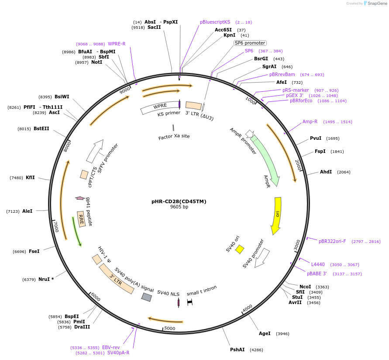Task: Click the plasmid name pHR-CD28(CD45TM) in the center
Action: tap(179, 201)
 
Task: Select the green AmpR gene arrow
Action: tap(265, 159)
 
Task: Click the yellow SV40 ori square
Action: tap(240, 249)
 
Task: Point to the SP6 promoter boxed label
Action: tap(250, 43)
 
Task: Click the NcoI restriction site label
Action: tap(305, 287)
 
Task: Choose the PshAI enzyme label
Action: tap(238, 350)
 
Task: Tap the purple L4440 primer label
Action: tap(318, 264)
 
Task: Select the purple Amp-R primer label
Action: tap(310, 121)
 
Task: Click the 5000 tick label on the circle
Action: tap(169, 328)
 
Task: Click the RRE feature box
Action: tap(81, 218)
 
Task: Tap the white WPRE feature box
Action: tap(160, 108)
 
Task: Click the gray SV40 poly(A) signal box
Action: tap(147, 297)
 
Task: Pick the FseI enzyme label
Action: tap(34, 251)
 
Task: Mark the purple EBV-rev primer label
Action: tap(111, 347)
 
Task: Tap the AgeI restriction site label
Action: tap(265, 333)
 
